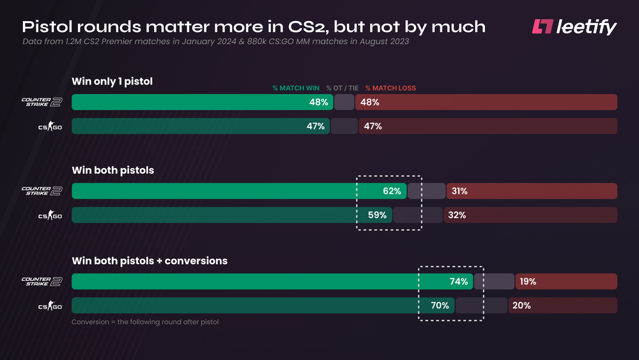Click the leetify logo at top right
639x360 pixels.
(x=574, y=27)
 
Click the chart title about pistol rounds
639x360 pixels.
(x=254, y=27)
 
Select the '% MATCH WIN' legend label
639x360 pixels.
(x=296, y=88)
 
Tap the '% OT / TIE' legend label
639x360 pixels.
(x=342, y=88)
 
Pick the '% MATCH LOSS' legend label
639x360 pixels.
(x=390, y=88)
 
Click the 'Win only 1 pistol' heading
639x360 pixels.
(x=112, y=81)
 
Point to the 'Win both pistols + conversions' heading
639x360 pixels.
(x=150, y=261)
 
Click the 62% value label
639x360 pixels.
(x=392, y=191)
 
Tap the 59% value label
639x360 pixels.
(x=377, y=215)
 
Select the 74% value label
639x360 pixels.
(x=459, y=281)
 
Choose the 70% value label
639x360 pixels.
(x=440, y=306)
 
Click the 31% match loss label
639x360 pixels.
(x=459, y=191)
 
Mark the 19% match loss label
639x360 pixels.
(x=527, y=281)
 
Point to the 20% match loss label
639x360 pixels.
(x=521, y=306)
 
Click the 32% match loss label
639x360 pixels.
(x=457, y=215)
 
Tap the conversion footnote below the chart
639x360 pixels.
(x=145, y=322)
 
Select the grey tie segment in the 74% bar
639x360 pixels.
(x=494, y=281)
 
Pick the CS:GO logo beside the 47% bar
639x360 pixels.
(x=49, y=127)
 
